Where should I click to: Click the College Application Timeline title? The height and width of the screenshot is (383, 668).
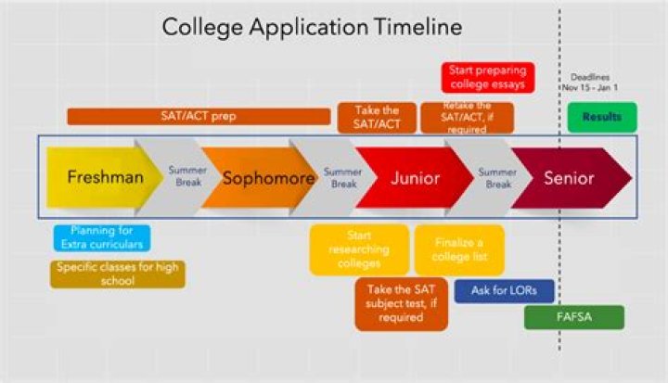tap(312, 27)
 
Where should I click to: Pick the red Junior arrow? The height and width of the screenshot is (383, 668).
tap(414, 177)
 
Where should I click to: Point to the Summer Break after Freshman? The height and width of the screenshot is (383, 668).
tap(186, 177)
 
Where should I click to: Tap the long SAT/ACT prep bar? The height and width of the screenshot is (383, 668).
tap(199, 116)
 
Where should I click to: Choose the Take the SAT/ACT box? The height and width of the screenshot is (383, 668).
tap(377, 118)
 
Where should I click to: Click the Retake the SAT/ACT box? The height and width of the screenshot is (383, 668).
tap(467, 118)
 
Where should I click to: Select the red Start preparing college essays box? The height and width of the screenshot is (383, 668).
tap(486, 77)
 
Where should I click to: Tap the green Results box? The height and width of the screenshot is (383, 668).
tap(602, 117)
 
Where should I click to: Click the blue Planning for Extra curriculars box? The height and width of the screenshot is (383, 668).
tap(100, 237)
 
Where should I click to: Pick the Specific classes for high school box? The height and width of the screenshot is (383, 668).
tap(117, 274)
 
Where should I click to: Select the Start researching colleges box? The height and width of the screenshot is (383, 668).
tap(358, 249)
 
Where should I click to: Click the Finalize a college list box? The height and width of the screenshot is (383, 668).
tap(459, 249)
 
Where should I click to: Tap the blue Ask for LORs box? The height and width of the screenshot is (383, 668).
tap(504, 290)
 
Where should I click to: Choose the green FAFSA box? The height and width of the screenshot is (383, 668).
tap(573, 317)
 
